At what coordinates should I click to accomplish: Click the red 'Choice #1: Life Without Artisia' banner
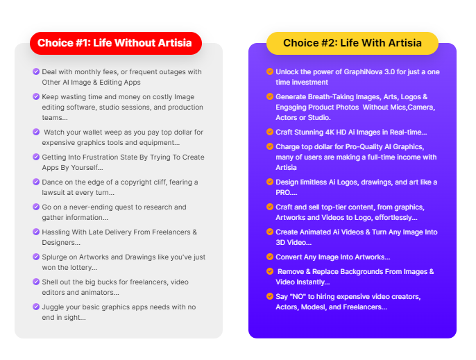115,43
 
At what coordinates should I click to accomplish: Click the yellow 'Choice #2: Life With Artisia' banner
352,43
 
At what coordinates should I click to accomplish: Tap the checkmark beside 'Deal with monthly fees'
36,71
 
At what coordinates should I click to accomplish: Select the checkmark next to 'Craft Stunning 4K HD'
270,132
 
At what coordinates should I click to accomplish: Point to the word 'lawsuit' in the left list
55,191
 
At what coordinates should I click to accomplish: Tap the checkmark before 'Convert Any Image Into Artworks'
270,257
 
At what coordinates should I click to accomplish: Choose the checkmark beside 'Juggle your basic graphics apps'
36,307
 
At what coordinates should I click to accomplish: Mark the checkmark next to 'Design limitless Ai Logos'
270,182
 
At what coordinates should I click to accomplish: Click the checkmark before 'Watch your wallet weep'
36,132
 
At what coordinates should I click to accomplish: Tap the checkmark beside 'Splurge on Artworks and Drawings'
36,257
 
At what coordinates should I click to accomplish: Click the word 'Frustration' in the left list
98,157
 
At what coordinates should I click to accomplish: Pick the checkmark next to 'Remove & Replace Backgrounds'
270,272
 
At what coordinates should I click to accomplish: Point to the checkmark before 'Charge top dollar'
270,146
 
